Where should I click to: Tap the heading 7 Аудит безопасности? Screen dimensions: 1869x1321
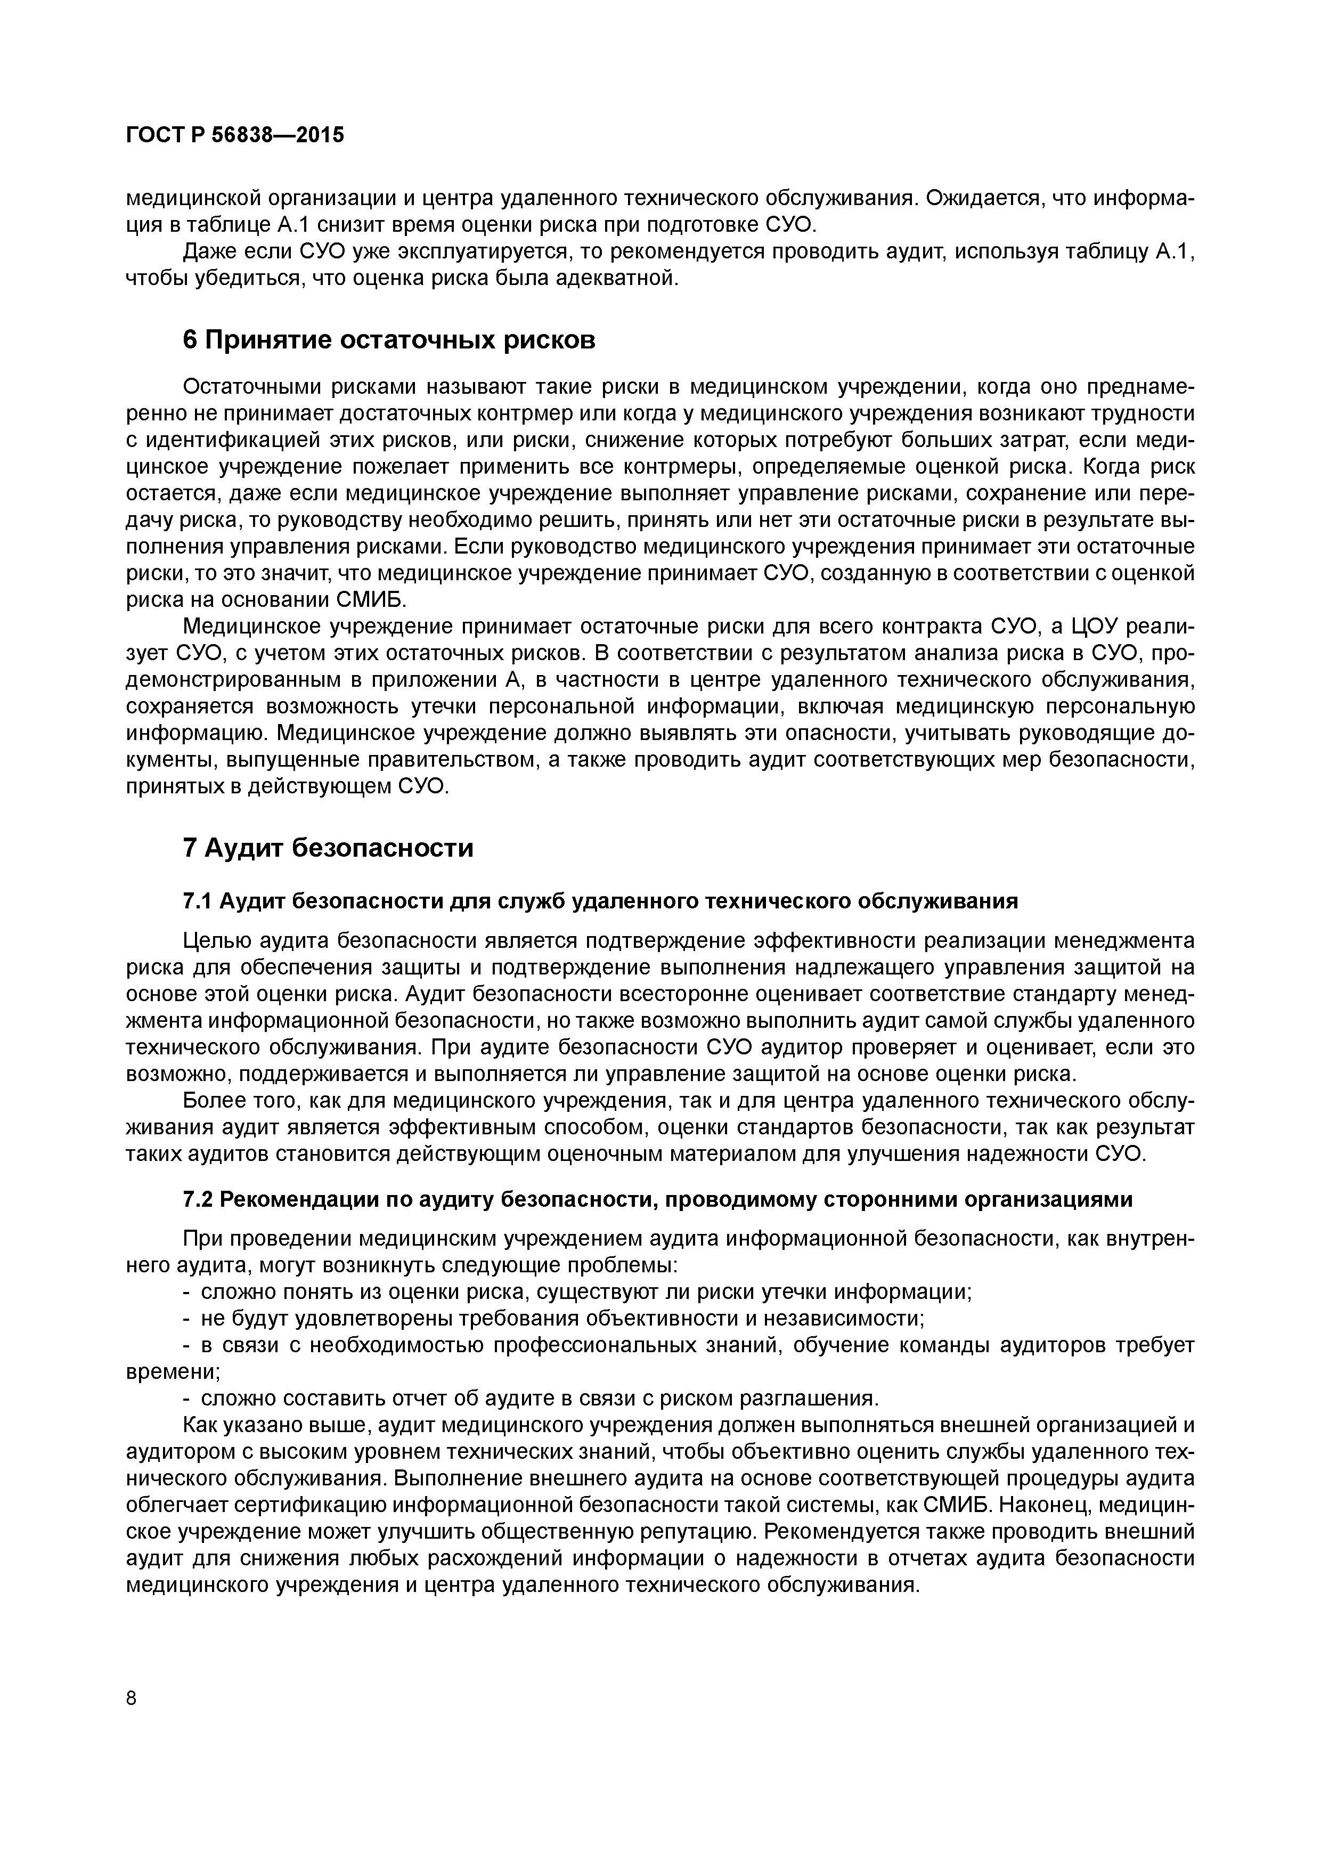coord(328,848)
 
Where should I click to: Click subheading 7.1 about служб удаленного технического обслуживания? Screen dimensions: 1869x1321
coord(601,901)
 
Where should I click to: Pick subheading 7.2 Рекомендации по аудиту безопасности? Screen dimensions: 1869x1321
coord(658,1200)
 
